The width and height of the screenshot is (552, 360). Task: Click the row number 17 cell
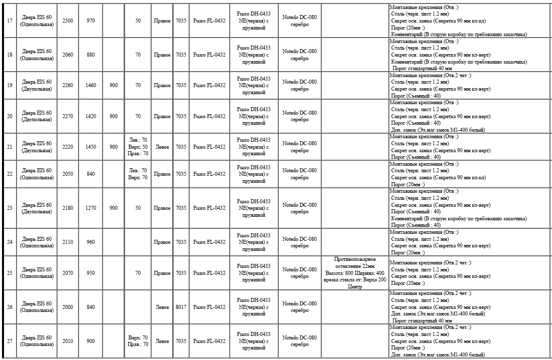[x=10, y=21]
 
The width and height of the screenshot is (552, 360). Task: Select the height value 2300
[x=68, y=21]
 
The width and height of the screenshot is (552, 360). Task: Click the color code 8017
[x=181, y=307]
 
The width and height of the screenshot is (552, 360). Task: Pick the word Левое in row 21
[x=162, y=147]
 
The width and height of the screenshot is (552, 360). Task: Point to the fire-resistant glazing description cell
[x=354, y=273]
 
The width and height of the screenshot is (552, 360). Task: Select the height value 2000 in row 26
[x=68, y=307]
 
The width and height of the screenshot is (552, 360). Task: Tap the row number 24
[x=10, y=242]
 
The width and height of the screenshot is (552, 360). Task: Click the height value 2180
[x=68, y=208]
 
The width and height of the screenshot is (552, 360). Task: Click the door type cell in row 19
[x=37, y=85]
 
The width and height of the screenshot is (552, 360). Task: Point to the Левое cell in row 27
[x=162, y=341]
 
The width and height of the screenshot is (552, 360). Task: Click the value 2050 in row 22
[x=68, y=174]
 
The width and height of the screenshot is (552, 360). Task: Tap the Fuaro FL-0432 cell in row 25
[x=209, y=273]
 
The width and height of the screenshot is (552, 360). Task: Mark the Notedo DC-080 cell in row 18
[x=299, y=55]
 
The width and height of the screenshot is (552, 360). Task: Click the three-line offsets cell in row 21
[x=138, y=147]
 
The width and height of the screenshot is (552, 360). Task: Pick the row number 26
[x=10, y=307]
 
